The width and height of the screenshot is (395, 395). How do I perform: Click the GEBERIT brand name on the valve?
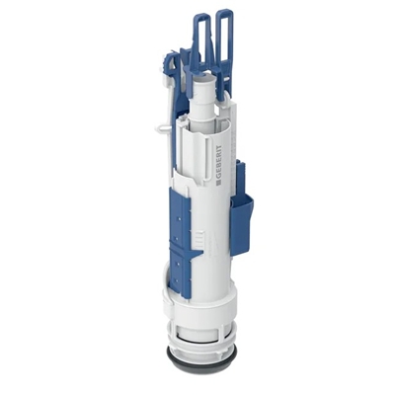[x=219, y=160]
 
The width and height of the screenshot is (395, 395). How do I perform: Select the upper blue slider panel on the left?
[x=180, y=216]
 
